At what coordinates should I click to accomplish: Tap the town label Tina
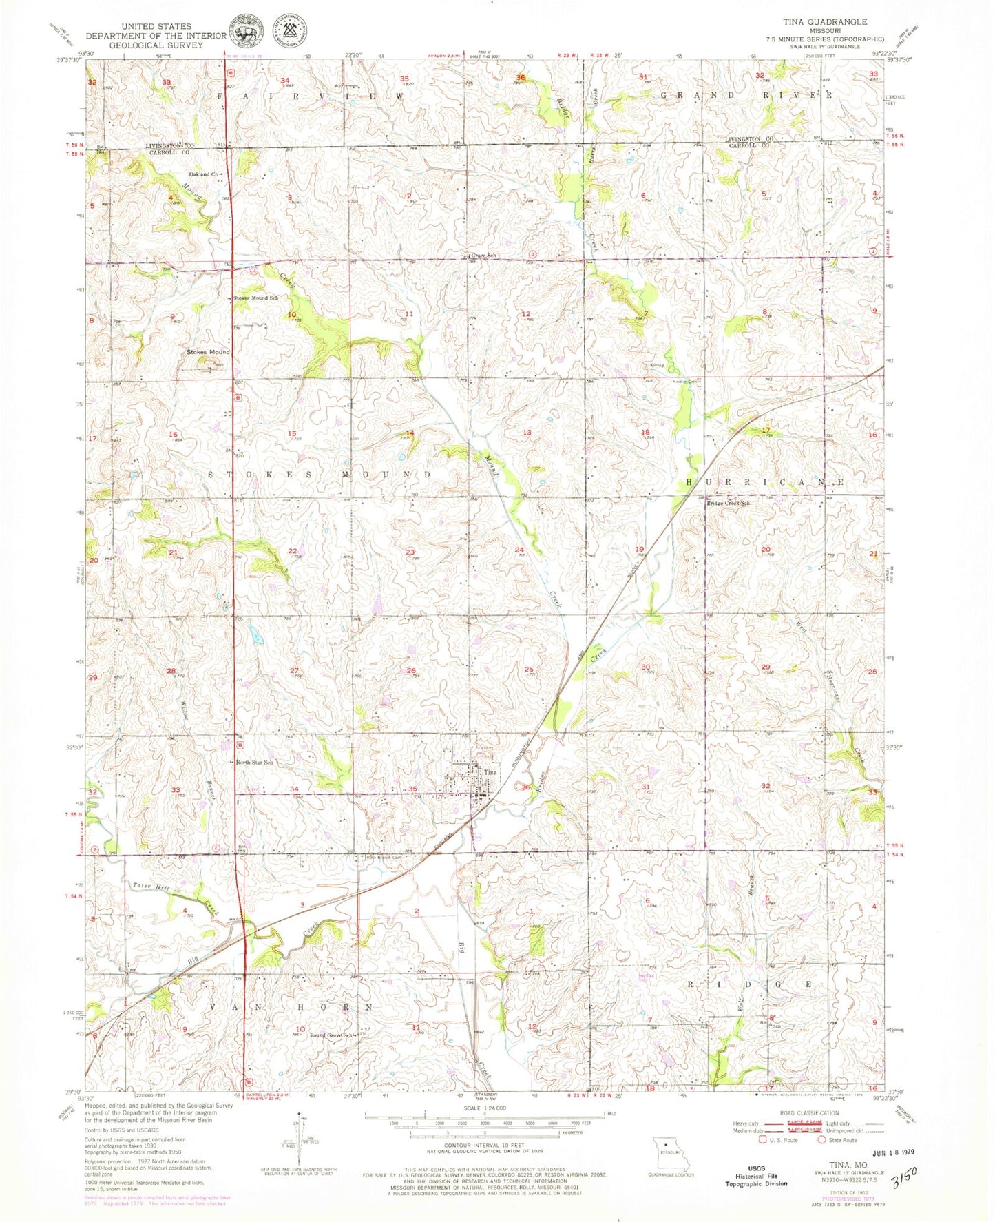490,772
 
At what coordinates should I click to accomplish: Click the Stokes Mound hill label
209,352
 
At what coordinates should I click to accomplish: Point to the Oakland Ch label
204,175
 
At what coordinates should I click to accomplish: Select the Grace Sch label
483,256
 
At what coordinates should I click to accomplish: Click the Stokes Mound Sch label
256,298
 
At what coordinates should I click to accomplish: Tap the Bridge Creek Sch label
729,504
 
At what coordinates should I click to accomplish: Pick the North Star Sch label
255,763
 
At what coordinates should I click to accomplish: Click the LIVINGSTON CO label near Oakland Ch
169,146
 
